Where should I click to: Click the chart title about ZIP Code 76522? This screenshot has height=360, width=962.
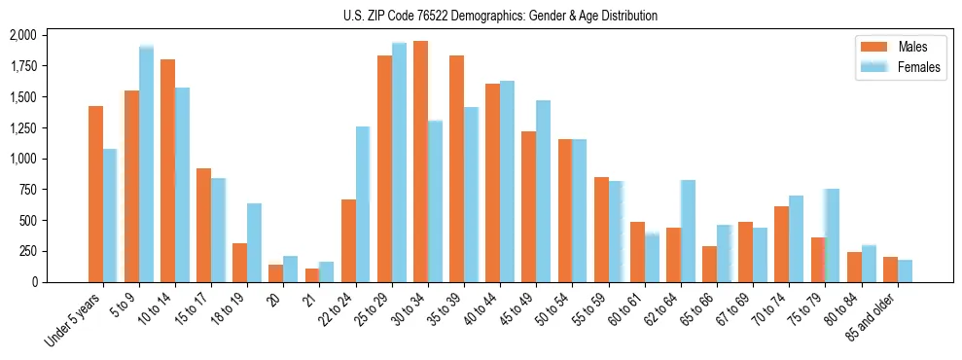500,16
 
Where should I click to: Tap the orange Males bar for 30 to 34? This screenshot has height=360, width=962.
420,162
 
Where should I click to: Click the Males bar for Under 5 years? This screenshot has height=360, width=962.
95,194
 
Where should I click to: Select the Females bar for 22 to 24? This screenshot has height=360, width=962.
363,204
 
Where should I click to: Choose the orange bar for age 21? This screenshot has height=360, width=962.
312,275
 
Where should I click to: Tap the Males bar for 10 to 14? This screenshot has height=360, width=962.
167,170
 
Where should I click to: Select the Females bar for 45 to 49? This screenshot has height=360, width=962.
543,191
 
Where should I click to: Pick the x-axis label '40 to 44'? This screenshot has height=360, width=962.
481,311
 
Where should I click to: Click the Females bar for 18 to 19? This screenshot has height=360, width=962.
254,242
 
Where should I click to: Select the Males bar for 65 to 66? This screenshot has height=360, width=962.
709,264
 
